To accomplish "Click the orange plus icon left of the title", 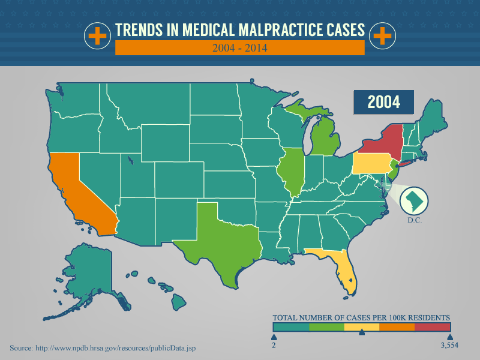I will (x=96, y=37).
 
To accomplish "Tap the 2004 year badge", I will (x=383, y=101).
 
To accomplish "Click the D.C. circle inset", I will (x=413, y=200).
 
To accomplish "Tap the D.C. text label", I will (x=415, y=221).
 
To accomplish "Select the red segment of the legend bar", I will (x=432, y=327).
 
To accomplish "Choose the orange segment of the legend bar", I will (x=397, y=327).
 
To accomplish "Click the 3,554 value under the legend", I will (x=449, y=346).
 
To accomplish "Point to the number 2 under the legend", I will (x=274, y=346).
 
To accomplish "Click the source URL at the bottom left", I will (x=103, y=348).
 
